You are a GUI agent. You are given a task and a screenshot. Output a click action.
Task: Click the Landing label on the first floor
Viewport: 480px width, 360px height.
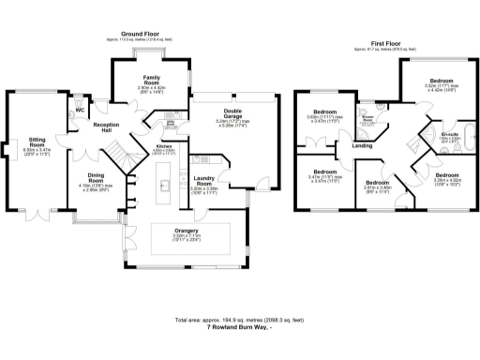point(362,145)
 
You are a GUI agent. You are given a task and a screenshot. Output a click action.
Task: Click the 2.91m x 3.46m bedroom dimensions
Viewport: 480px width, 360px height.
point(376,187)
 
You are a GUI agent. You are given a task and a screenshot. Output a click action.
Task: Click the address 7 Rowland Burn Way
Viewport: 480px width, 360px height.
point(239,327)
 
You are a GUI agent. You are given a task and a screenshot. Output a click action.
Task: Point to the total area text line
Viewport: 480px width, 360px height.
point(239,320)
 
